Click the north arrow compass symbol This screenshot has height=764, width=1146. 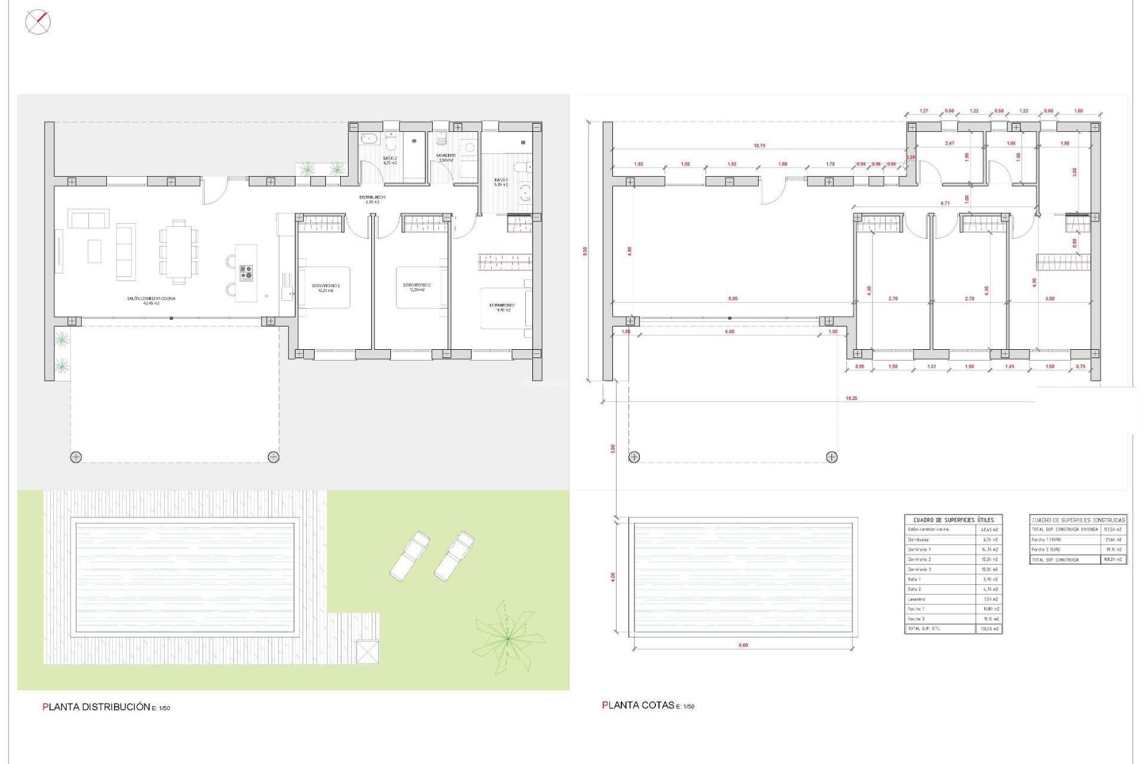click(38, 22)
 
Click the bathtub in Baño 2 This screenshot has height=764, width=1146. click(368, 139)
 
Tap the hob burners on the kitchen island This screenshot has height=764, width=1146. click(247, 273)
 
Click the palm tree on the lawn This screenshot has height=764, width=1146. click(507, 639)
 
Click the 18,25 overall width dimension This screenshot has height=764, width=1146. click(851, 398)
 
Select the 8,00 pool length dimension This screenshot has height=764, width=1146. click(743, 645)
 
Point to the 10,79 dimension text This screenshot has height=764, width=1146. click(759, 146)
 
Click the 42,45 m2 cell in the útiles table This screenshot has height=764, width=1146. click(989, 529)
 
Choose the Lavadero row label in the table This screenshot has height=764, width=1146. click(917, 599)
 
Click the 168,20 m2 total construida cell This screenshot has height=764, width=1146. click(1113, 560)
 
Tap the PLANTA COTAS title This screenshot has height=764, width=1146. click(639, 706)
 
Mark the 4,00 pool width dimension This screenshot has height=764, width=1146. click(613, 577)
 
